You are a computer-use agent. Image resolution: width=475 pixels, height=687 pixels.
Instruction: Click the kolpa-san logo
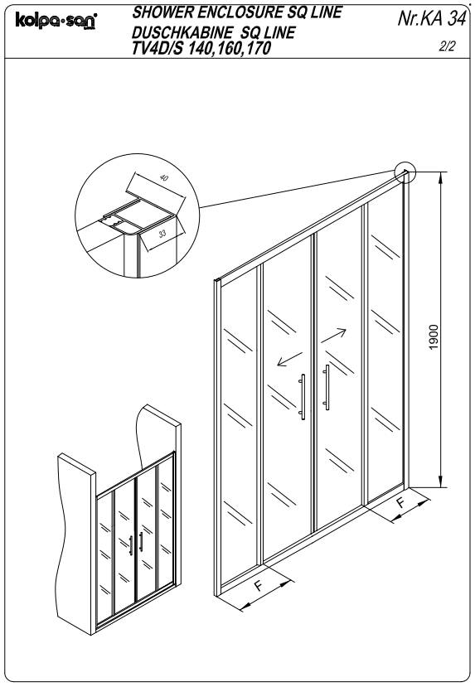pos(56,20)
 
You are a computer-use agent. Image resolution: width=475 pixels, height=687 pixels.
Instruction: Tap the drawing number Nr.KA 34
pos(431,18)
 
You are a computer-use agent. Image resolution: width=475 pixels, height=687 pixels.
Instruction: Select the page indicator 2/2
pos(448,46)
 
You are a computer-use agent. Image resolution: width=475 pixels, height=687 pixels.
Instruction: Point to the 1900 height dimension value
pos(434,337)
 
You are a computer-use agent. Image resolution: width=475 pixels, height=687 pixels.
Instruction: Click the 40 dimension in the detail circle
pos(163,178)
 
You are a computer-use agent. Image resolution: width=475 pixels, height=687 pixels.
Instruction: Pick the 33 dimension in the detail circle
pos(162,234)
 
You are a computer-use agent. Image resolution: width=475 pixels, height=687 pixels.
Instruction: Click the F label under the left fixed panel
pos(259,585)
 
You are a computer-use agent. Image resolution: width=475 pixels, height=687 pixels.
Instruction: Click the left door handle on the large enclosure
pos(303,396)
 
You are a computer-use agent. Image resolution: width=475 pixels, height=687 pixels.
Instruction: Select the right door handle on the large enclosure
pos(327,387)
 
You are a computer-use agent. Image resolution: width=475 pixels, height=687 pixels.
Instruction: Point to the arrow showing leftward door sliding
pos(289,358)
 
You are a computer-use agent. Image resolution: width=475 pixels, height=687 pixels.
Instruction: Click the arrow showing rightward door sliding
pos(333,336)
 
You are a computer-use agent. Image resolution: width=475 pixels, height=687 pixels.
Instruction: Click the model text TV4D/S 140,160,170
pos(201,48)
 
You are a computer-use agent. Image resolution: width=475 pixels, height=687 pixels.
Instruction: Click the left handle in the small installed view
pos(131,545)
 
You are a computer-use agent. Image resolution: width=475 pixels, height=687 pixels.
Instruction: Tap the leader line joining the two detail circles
pos(297,189)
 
